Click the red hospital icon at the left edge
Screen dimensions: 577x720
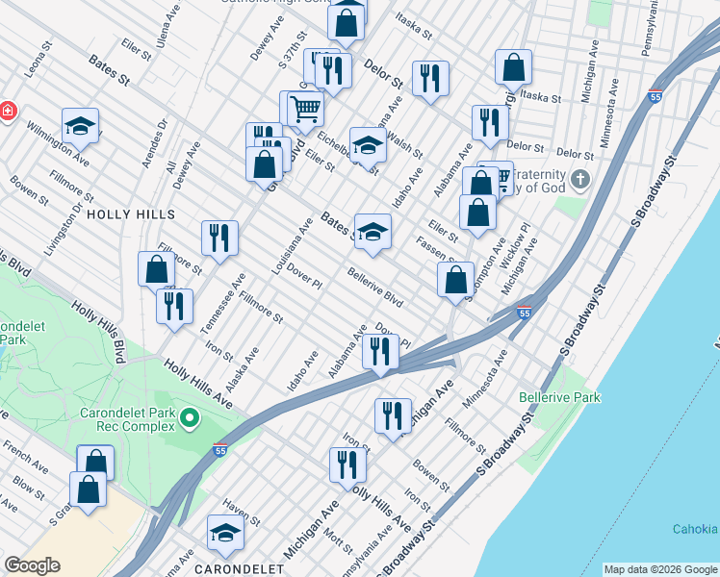(7, 111)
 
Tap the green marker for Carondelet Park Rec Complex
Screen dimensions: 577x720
(190, 417)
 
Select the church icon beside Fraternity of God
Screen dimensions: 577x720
(579, 179)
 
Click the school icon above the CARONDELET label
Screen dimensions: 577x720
(225, 533)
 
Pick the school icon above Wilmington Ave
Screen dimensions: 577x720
(81, 125)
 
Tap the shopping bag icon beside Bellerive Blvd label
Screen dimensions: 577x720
(456, 280)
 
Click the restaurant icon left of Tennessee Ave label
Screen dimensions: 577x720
(174, 306)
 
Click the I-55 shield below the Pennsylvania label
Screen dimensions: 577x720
(656, 97)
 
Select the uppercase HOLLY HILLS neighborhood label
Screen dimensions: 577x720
(131, 214)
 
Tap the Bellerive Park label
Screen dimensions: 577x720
(559, 397)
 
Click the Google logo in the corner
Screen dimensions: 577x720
(32, 565)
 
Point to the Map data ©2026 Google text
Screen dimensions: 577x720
(659, 569)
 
